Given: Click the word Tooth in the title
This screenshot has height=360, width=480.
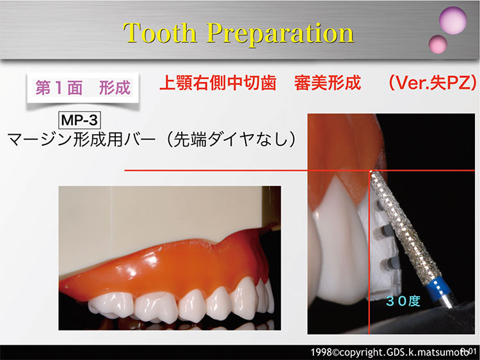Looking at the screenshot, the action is (x=160, y=33).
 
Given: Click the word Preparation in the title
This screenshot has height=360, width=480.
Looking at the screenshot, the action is (x=280, y=34).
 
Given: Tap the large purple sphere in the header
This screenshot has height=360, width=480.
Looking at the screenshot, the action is (x=452, y=20).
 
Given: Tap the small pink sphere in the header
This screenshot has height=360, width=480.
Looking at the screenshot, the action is (x=438, y=44).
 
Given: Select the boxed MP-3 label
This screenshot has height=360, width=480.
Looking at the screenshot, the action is (x=79, y=120).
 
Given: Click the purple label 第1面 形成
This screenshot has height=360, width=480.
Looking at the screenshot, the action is (x=83, y=88).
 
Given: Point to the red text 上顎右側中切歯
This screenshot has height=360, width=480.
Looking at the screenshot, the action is (x=218, y=82).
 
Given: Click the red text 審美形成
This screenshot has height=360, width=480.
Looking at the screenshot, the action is (x=328, y=82).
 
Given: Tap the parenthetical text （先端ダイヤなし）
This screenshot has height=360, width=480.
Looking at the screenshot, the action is (x=230, y=139).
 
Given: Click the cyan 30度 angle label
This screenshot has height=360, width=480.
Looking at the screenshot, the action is (x=403, y=301).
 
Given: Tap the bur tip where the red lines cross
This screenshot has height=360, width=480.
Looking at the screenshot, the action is (x=371, y=171).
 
